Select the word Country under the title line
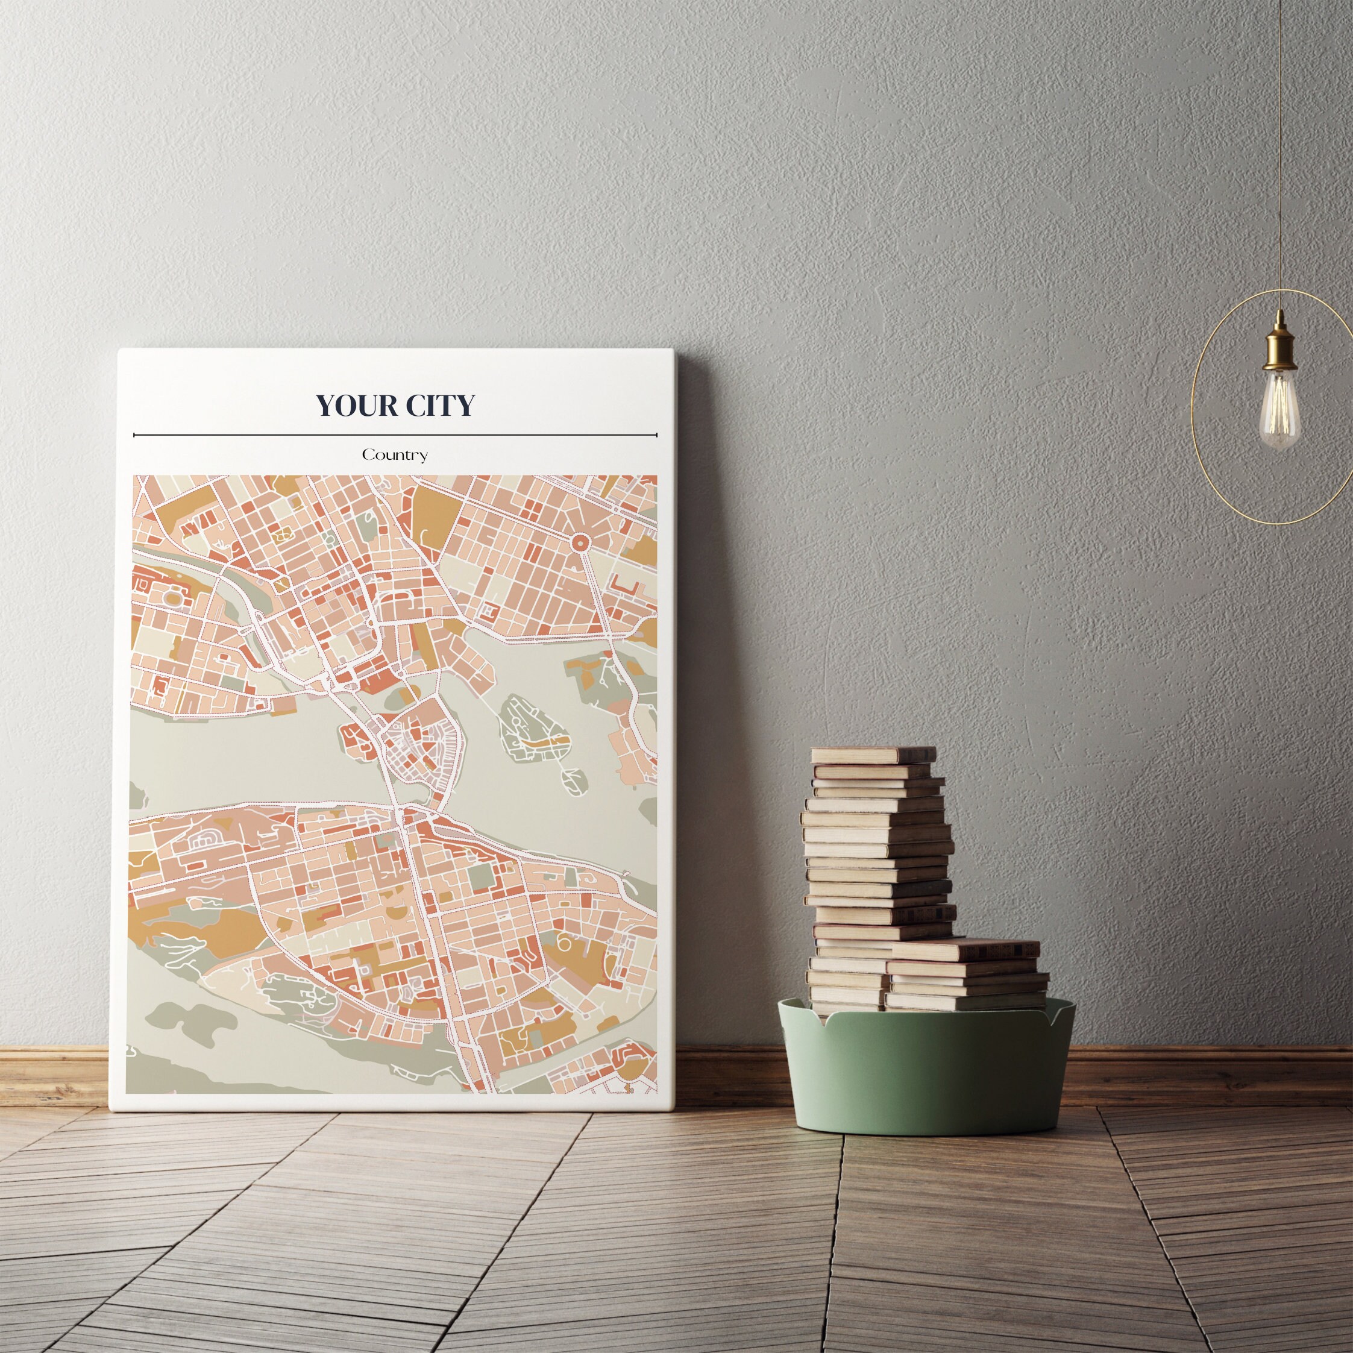pos(394,455)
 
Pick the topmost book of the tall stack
pos(873,755)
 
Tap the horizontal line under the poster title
pos(394,435)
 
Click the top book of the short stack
pos(965,950)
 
